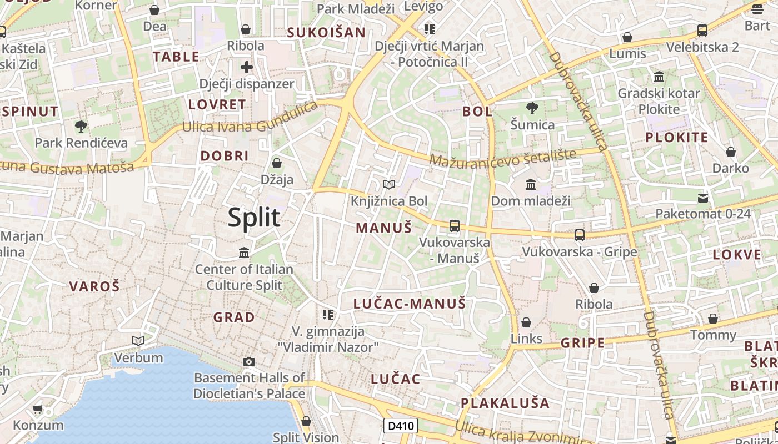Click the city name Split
[x=254, y=218]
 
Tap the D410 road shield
[x=401, y=426]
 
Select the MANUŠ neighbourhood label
[x=383, y=228]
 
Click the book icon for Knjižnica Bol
[x=389, y=184]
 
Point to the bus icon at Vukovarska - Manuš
[x=455, y=225]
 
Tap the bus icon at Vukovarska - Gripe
[x=580, y=235]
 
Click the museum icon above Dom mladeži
[x=531, y=184]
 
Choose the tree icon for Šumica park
[x=532, y=108]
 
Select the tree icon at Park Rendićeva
[x=81, y=126]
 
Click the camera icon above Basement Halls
[x=249, y=362]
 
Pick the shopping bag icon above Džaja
[x=277, y=163]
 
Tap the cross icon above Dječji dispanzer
[x=247, y=67]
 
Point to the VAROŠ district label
[x=94, y=286]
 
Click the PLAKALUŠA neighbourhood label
[x=505, y=403]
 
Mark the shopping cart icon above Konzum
[x=38, y=410]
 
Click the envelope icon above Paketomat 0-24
[x=703, y=198]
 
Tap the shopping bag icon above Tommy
[x=713, y=319]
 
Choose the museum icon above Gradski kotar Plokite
[x=659, y=77]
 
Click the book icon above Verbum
[x=138, y=341]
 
